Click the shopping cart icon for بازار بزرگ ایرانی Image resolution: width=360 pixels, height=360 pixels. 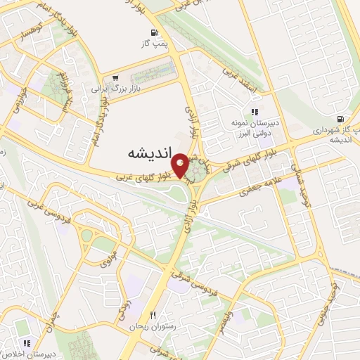115,78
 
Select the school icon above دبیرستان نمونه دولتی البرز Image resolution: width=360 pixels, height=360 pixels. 255,112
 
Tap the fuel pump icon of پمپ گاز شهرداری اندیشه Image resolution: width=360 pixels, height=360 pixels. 340,119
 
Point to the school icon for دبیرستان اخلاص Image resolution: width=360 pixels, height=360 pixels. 26,344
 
